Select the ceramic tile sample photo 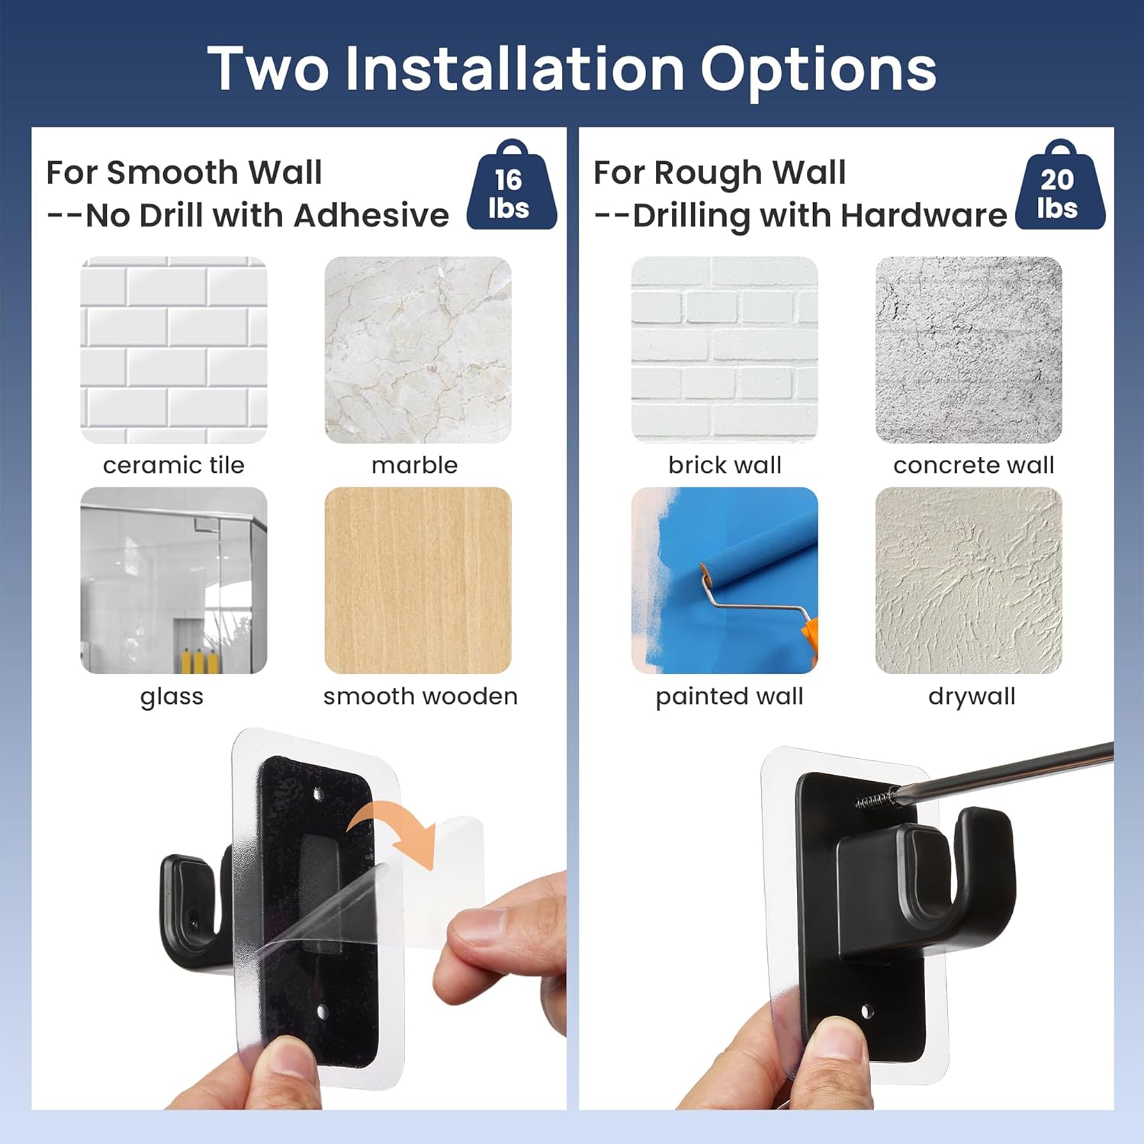(174, 349)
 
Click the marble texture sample (418, 349)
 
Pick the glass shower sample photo (174, 580)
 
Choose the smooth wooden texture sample (418, 580)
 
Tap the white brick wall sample (725, 349)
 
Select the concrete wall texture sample (969, 349)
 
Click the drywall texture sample (969, 580)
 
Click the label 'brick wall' (725, 464)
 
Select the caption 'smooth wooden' (420, 696)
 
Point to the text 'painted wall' (729, 696)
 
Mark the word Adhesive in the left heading (371, 215)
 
